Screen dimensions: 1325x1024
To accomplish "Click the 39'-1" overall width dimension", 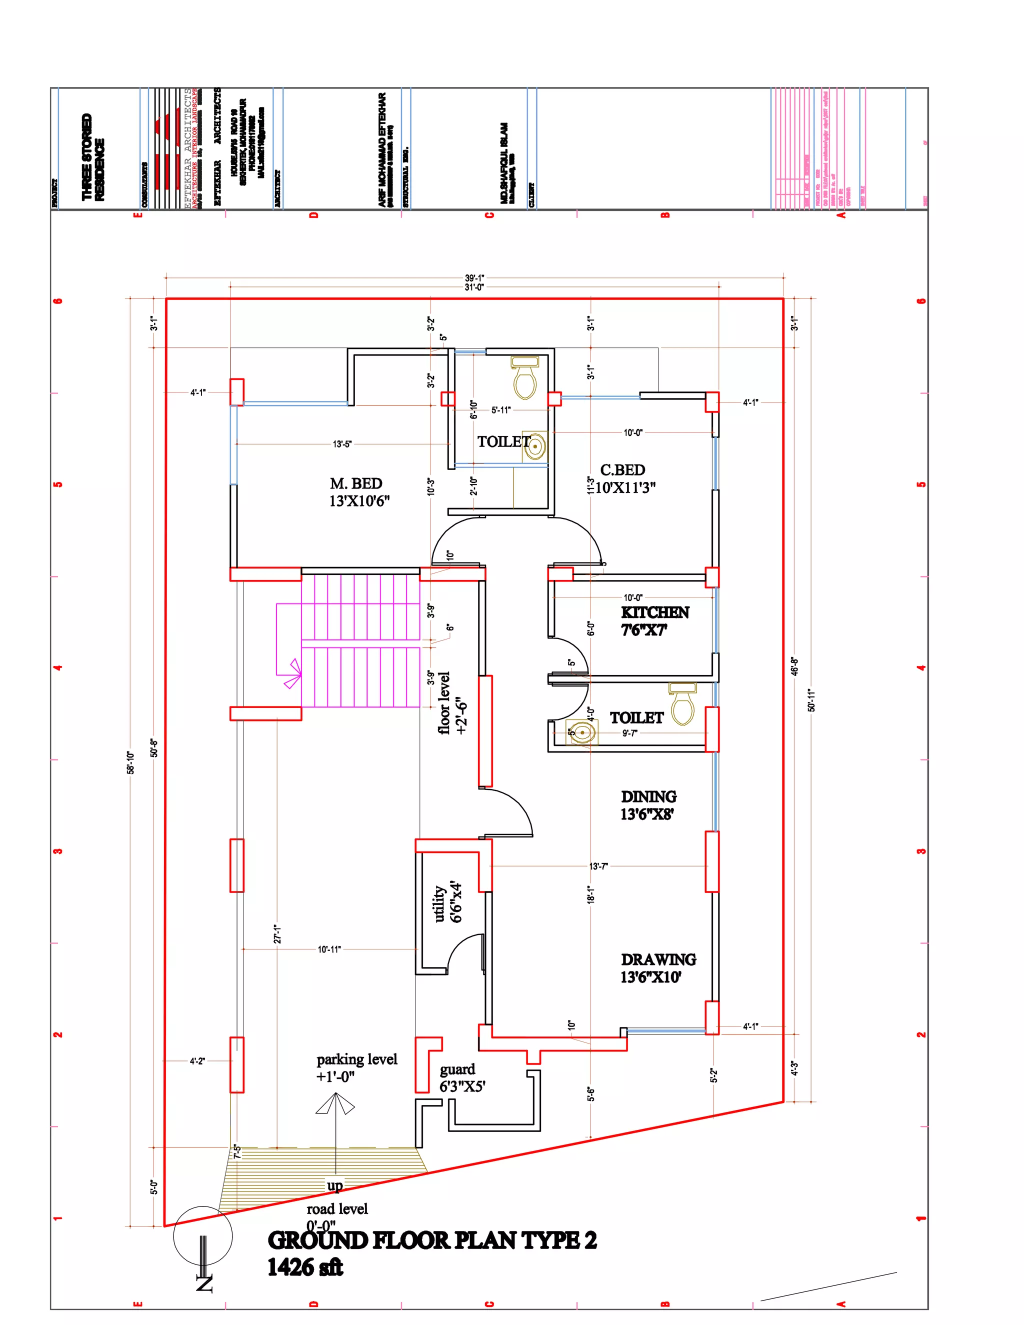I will point(474,278).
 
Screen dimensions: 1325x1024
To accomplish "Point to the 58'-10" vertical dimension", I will point(130,762).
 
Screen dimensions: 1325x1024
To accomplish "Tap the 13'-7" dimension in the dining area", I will point(598,866).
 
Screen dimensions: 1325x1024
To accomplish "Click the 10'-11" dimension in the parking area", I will point(329,949).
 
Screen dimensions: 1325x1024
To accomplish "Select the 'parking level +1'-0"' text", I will point(356,1068).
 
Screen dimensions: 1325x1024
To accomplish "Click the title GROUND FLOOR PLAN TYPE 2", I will point(432,1240).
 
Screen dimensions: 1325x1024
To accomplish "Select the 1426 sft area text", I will point(305,1267).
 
